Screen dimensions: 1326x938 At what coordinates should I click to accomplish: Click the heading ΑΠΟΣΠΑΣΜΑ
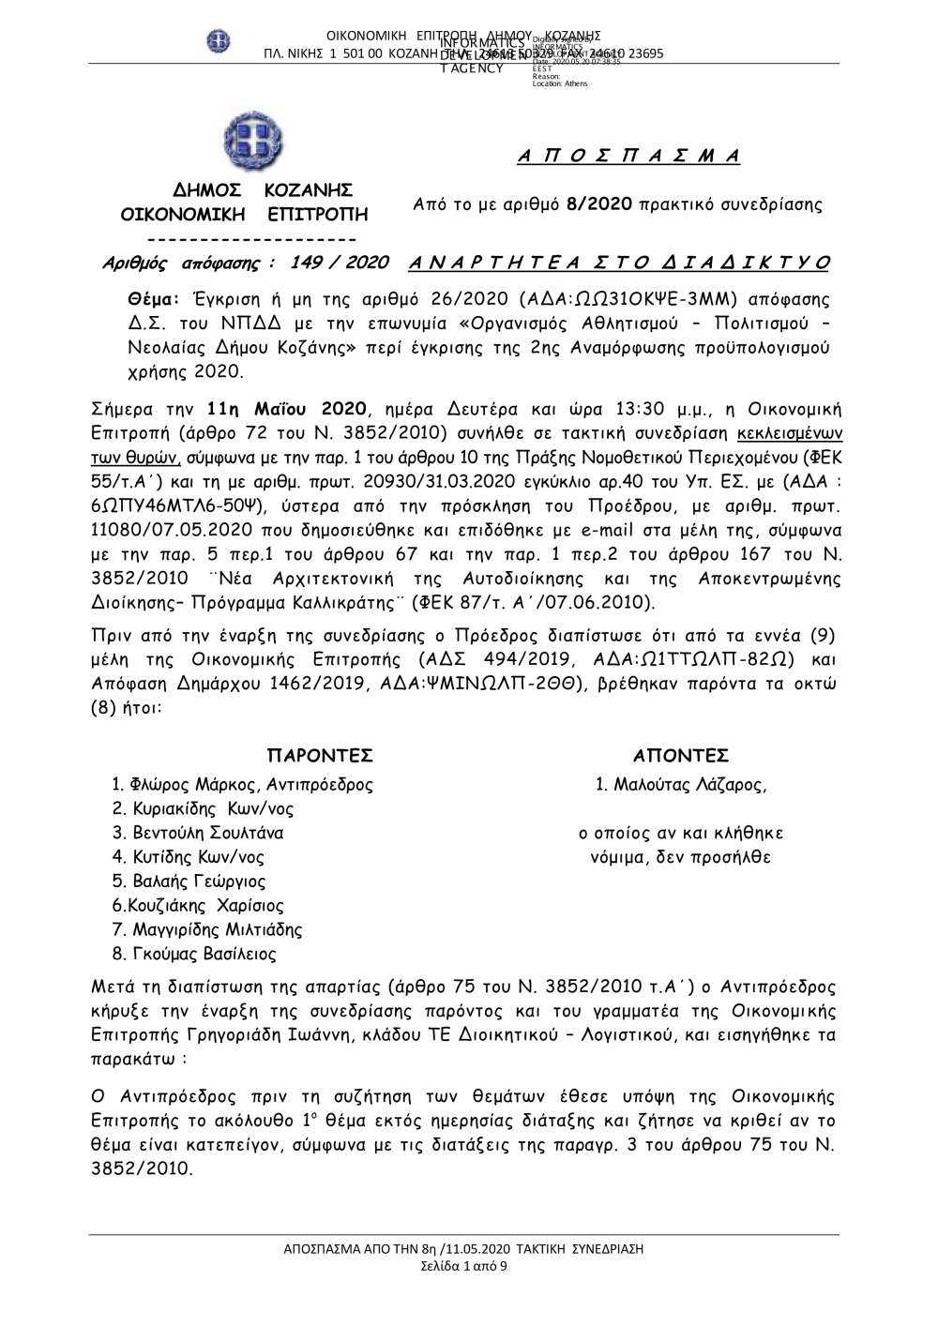[x=628, y=157]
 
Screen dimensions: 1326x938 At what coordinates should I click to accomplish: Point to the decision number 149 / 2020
[x=340, y=263]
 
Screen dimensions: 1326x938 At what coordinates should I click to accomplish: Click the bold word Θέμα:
[x=152, y=299]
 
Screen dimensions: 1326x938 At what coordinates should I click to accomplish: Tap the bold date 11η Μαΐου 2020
[x=287, y=410]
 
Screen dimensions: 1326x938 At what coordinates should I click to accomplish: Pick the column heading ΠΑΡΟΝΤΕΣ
[x=320, y=756]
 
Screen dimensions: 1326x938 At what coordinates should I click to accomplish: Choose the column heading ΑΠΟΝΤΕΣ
[x=681, y=756]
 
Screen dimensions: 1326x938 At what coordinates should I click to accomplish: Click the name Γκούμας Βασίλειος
[x=202, y=955]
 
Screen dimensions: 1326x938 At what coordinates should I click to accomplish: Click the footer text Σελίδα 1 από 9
[x=464, y=1266]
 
